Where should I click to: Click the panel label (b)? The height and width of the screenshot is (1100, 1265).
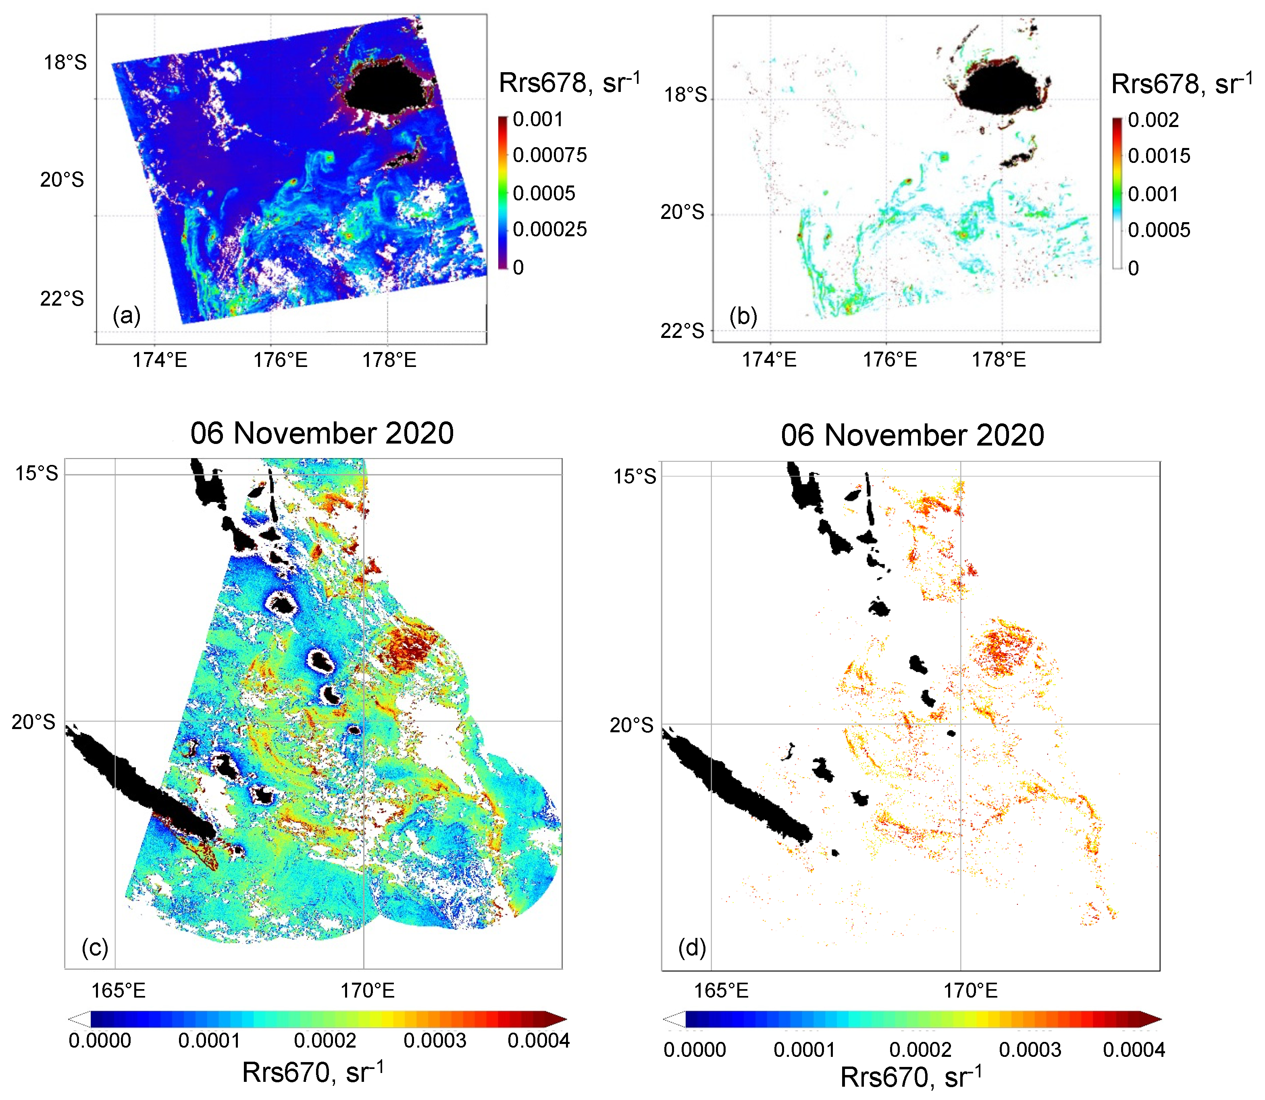pos(743,317)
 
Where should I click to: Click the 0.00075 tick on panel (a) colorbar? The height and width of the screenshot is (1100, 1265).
pos(549,155)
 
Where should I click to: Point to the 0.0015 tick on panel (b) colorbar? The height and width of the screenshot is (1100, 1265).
pos(1159,156)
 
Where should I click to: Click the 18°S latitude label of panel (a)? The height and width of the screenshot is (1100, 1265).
pos(65,62)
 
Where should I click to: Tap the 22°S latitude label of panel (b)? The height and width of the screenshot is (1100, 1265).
pos(682,331)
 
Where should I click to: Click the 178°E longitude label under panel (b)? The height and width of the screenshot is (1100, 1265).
pos(999,360)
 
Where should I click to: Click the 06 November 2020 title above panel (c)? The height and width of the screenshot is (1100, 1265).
pos(322,433)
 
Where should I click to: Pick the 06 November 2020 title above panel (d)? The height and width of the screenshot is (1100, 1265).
pos(912,436)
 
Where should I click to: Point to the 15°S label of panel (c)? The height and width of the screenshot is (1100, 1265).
pos(37,473)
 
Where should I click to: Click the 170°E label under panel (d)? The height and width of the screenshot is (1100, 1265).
pos(970,990)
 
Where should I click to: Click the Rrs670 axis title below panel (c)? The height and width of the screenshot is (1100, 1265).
pos(313,1072)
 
